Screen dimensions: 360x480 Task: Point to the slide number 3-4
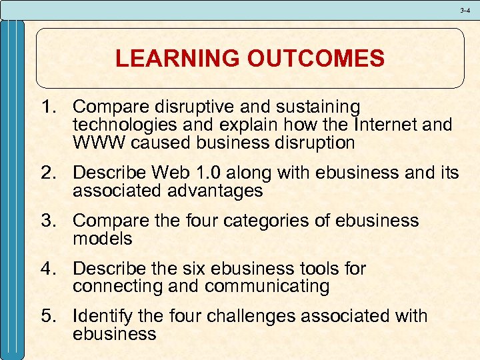[465, 10]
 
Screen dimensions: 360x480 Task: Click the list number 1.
[48, 107]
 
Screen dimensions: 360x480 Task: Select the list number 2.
[48, 173]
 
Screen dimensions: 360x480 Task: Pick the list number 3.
[48, 221]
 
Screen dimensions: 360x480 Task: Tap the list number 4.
[48, 269]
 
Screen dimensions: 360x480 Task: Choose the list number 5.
[48, 316]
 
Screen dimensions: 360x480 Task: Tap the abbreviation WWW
[96, 143]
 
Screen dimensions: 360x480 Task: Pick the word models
[103, 239]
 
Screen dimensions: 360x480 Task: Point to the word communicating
[267, 287]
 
